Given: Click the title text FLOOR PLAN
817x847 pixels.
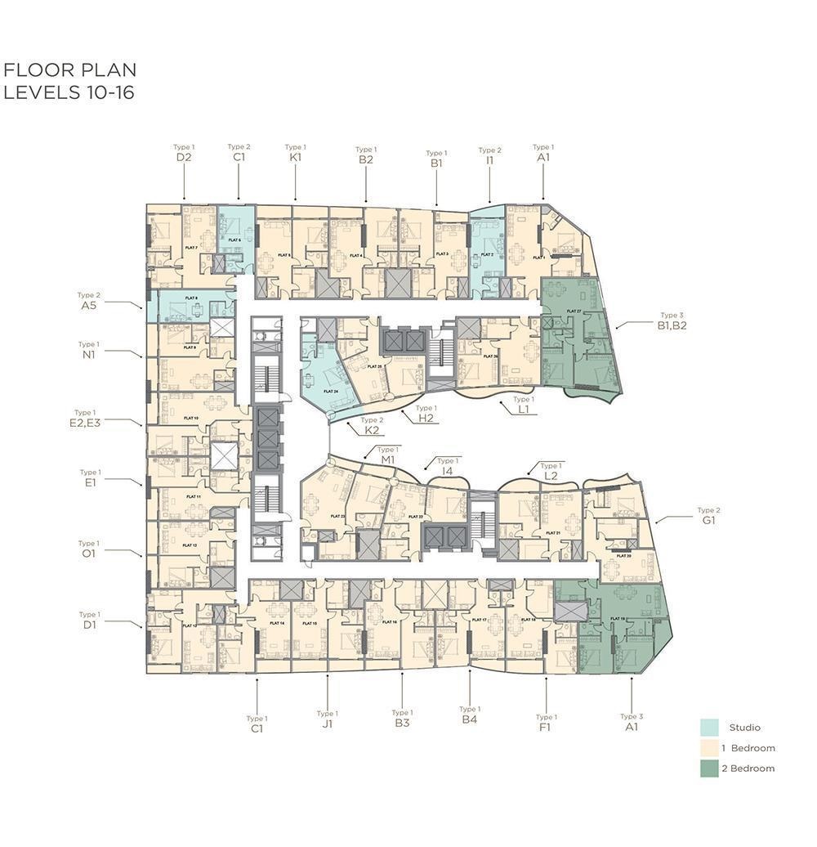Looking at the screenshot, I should tap(70, 70).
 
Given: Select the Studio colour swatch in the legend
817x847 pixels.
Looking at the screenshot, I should tap(709, 728).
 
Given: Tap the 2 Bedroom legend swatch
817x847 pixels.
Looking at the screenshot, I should tap(709, 769).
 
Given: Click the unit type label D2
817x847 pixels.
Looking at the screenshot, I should tap(183, 158).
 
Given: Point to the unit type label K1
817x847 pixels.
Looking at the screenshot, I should tap(295, 158).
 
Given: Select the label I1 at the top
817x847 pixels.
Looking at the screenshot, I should tap(489, 161).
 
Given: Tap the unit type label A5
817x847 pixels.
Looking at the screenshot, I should tap(88, 306).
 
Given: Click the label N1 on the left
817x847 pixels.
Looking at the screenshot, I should tap(88, 356).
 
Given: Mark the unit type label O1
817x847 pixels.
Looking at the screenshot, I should tap(88, 553).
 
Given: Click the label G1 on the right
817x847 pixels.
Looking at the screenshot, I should tap(708, 520).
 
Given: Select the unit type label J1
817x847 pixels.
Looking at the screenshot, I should tap(327, 724).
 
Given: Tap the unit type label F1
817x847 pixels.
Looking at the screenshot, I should tap(546, 727).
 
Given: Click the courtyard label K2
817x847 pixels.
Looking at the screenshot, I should tap(372, 430).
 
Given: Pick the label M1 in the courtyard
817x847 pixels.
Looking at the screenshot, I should tap(387, 459).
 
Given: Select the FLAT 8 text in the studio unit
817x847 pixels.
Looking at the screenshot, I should tap(191, 298).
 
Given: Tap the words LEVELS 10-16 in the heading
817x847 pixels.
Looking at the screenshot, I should tap(69, 92).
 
